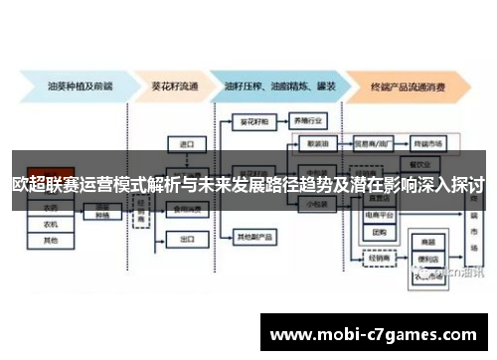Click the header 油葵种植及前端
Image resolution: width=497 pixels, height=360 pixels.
(69, 85)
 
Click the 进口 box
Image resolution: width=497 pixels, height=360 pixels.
(186, 144)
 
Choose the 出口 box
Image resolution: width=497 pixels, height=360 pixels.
(186, 240)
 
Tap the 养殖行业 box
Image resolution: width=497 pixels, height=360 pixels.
(310, 119)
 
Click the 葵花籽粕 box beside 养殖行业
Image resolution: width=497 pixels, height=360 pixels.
(254, 119)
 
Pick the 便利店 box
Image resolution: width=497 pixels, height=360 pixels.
(430, 254)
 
